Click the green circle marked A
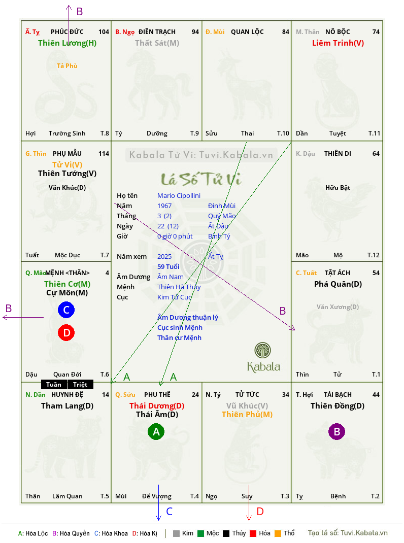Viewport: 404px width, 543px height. pyautogui.click(x=156, y=431)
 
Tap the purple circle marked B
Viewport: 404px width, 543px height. pyautogui.click(x=337, y=431)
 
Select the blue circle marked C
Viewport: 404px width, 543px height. pyautogui.click(x=66, y=310)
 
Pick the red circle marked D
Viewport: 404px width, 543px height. pyautogui.click(x=66, y=332)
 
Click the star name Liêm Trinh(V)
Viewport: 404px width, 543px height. pyautogui.click(x=338, y=43)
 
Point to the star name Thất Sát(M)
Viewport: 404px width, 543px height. pyautogui.click(x=157, y=43)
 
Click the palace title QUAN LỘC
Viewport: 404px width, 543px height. pyautogui.click(x=247, y=32)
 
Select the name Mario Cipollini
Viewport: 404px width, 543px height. pyautogui.click(x=179, y=196)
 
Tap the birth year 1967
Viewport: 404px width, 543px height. pyautogui.click(x=164, y=206)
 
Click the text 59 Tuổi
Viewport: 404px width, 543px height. pyautogui.click(x=169, y=266)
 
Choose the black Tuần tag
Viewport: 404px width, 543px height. pyautogui.click(x=54, y=384)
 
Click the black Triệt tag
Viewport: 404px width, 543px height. pyautogui.click(x=80, y=384)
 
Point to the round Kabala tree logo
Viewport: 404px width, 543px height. pyautogui.click(x=262, y=350)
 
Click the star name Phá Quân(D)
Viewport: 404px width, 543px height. pyautogui.click(x=338, y=284)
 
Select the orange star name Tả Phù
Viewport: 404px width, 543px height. pyautogui.click(x=67, y=66)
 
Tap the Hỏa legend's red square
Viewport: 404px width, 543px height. pyautogui.click(x=253, y=533)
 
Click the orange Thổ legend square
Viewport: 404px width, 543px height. pyautogui.click(x=278, y=533)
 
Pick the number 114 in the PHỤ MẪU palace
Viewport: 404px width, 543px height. pyautogui.click(x=104, y=153)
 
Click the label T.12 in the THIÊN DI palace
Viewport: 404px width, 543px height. pyautogui.click(x=374, y=255)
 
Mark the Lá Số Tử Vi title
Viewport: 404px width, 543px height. pyautogui.click(x=201, y=179)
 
